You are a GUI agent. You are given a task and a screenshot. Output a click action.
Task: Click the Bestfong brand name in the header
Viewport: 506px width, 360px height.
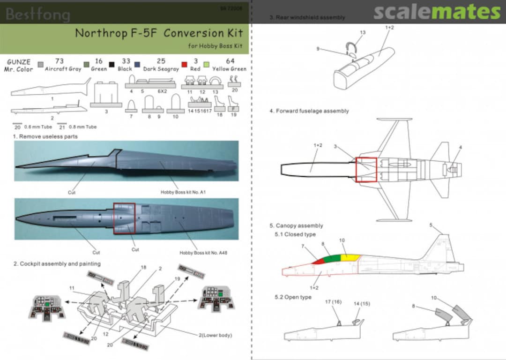tap(38, 15)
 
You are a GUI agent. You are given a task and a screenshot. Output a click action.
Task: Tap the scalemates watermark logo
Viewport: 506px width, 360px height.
tap(437, 12)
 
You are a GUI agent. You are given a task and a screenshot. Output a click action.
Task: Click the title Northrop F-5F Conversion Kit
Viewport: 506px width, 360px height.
tap(159, 33)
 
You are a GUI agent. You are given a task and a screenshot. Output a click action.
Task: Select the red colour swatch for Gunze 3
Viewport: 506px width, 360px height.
tap(185, 64)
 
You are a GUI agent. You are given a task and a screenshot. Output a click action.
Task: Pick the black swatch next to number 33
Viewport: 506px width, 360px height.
tap(112, 64)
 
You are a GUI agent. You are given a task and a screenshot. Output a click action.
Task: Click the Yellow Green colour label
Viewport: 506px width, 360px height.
tap(230, 69)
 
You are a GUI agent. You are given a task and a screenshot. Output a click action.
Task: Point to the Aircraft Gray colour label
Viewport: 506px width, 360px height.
tap(63, 69)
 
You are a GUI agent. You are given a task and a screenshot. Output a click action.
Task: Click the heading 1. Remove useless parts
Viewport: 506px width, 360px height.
tap(45, 136)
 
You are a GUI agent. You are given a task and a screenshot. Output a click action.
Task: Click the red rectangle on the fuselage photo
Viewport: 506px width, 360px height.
tap(124, 218)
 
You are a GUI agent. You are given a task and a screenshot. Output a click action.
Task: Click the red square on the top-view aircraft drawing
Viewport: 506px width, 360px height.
tap(366, 169)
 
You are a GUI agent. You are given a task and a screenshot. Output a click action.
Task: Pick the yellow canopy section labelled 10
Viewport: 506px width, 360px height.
tap(350, 257)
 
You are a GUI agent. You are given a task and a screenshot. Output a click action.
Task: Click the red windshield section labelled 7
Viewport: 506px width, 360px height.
tap(318, 261)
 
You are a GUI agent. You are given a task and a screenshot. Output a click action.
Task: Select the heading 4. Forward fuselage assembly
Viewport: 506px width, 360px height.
tap(309, 111)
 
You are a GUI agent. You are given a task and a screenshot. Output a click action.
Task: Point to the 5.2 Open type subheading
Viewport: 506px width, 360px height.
tap(293, 297)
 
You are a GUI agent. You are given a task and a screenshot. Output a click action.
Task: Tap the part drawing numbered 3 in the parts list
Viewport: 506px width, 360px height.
tap(106, 94)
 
